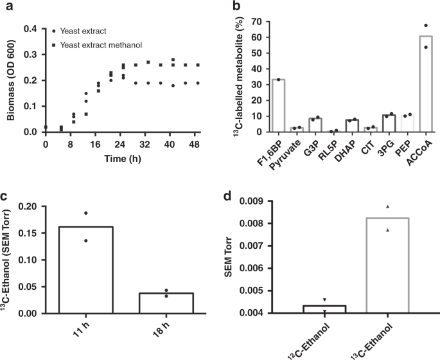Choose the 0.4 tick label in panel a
point(30,29)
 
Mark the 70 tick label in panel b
point(256,21)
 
